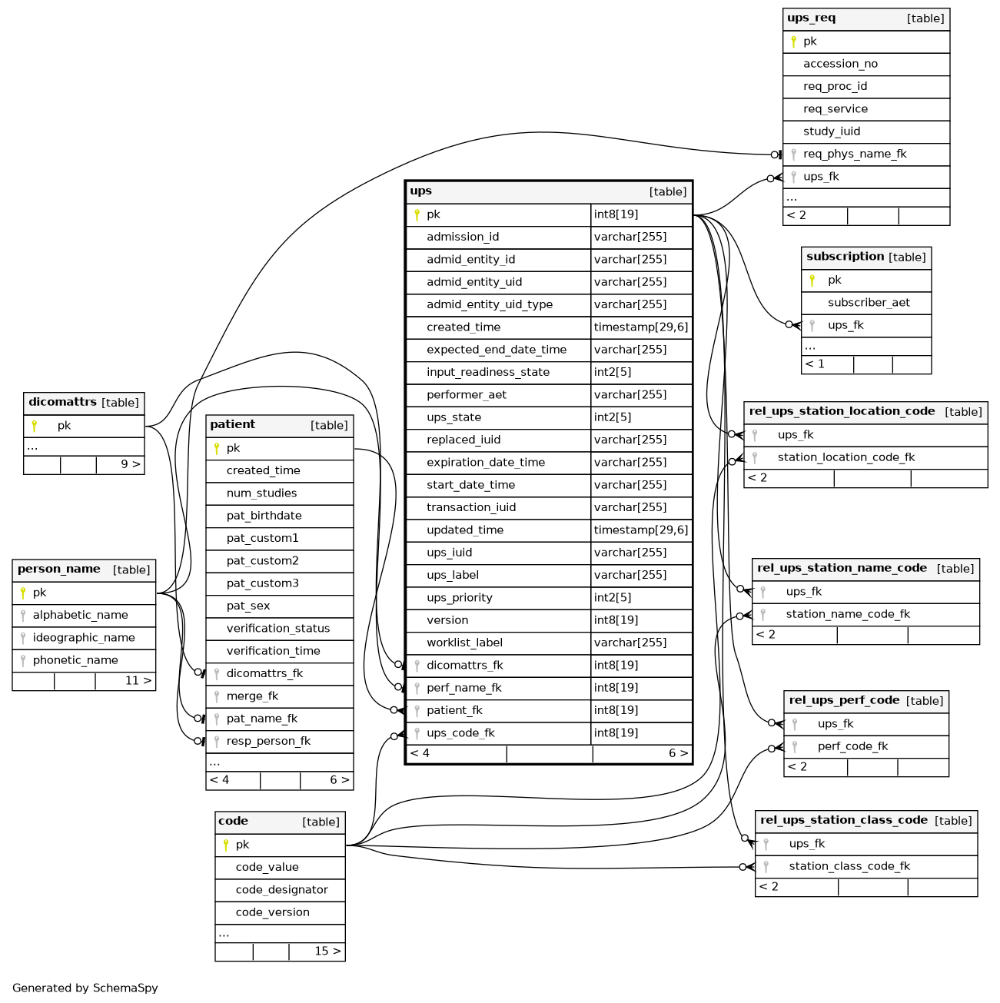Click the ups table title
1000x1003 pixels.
pyautogui.click(x=420, y=191)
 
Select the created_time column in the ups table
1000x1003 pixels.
pyautogui.click(x=463, y=327)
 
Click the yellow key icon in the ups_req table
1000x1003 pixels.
pyautogui.click(x=793, y=42)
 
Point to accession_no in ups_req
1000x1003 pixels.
pyautogui.click(x=840, y=64)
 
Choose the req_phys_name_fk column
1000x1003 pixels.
pyautogui.click(x=855, y=154)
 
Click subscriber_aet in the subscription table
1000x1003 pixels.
pyautogui.click(x=869, y=302)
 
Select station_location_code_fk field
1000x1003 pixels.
pyautogui.click(x=846, y=457)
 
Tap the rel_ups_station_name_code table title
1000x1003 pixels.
pyautogui.click(x=842, y=568)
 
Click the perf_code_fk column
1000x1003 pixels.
pyautogui.click(x=852, y=746)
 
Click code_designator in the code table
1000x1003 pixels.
pyautogui.click(x=281, y=889)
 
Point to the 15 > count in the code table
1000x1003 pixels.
pyautogui.click(x=327, y=951)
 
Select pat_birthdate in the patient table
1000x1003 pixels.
pyautogui.click(x=264, y=515)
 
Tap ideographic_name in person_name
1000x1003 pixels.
pyautogui.click(x=84, y=638)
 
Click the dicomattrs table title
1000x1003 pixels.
pyautogui.click(x=62, y=402)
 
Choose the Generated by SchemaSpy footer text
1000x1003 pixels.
pyautogui.click(x=85, y=988)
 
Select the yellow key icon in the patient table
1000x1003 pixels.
pyautogui.click(x=217, y=448)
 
